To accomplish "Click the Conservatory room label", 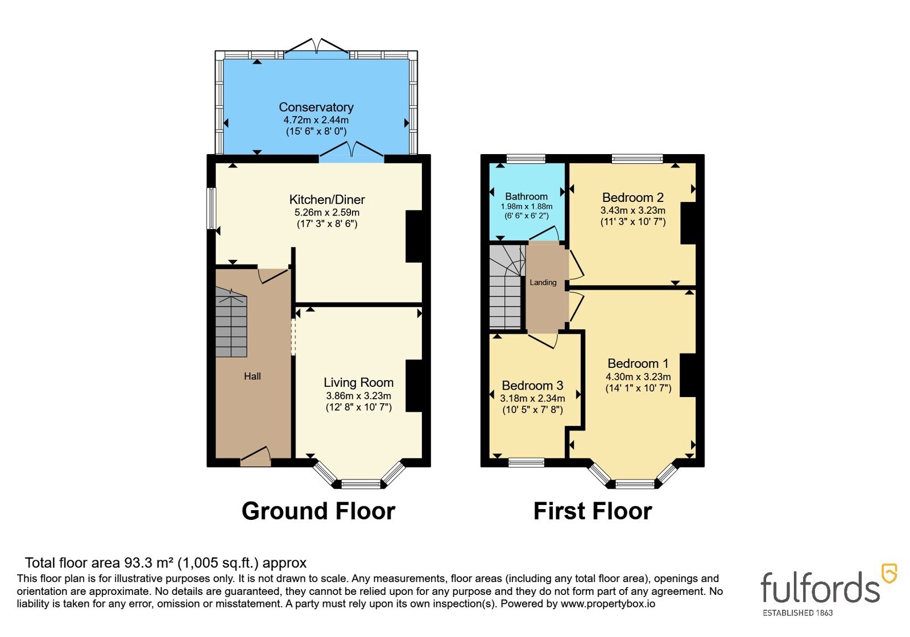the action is coord(316,107).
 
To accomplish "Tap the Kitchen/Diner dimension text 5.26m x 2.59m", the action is coord(327,213).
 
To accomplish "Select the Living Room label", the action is coord(359,383).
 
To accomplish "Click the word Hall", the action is coord(253,377).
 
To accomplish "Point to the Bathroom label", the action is coord(527,197).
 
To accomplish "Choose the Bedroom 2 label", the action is coord(633,197).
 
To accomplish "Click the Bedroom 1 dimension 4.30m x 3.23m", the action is coord(638,377).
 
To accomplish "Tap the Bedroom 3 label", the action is coord(532,385).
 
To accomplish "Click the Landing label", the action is coord(543,282).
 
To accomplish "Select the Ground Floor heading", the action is coord(318,511).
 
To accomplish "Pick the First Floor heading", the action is coord(593,511).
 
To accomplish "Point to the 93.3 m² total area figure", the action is coord(149,562).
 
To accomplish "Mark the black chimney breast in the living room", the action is coord(414,386).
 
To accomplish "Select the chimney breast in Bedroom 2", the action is coord(689,223).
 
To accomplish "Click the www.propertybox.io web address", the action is coord(608,603).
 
